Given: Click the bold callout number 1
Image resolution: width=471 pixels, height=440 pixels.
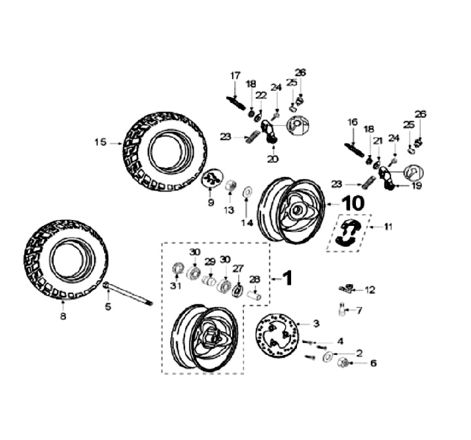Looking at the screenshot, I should pyautogui.click(x=287, y=278).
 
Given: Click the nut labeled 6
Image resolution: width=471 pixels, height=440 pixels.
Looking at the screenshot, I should pyautogui.click(x=342, y=363).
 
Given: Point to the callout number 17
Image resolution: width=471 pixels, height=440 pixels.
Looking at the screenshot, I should pyautogui.click(x=235, y=76).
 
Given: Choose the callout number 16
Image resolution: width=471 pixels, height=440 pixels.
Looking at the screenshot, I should pyautogui.click(x=353, y=122).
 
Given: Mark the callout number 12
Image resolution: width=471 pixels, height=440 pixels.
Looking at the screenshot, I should pyautogui.click(x=370, y=289).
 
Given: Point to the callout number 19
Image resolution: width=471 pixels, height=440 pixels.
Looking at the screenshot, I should pyautogui.click(x=417, y=186).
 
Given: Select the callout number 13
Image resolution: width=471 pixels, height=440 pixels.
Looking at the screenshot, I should pyautogui.click(x=229, y=210).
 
